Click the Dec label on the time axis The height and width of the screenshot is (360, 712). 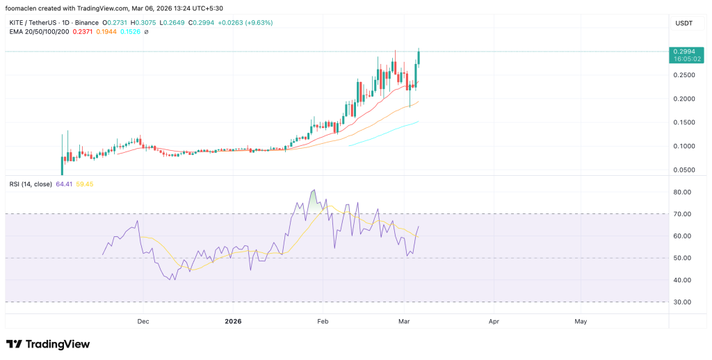coord(143,322)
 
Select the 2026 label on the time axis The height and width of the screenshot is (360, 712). coord(234,322)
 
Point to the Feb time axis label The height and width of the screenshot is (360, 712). coord(322,322)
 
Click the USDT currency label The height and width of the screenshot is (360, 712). coord(683,23)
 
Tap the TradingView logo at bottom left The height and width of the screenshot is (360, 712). coord(48,344)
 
